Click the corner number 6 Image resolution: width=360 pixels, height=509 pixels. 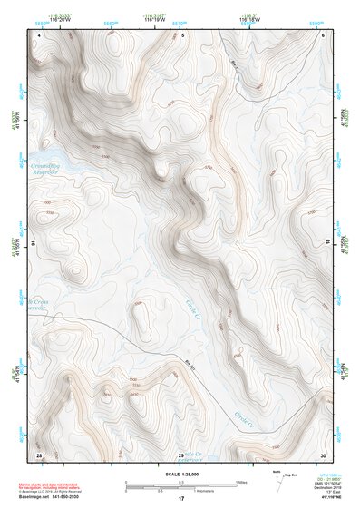(323, 35)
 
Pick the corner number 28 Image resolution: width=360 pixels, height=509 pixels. (39, 454)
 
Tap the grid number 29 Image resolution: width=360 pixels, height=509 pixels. (180, 454)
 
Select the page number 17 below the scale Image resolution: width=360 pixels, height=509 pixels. (180, 499)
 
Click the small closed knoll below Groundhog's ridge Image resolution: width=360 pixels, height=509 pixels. (161, 168)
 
